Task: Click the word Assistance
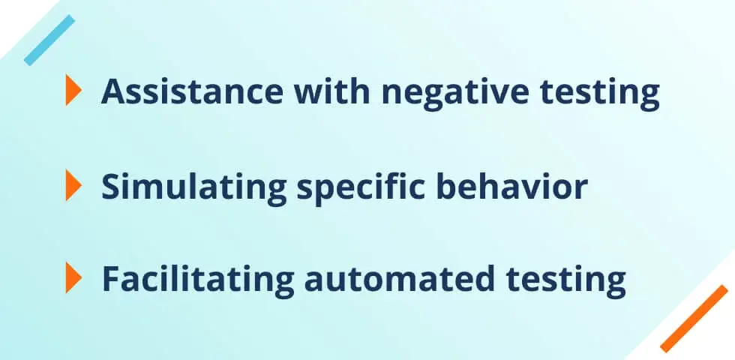coord(192,91)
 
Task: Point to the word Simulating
coord(194,187)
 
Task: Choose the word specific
coord(361,187)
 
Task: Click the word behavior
coord(511,186)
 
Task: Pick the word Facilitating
coord(198,280)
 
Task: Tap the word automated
coord(400,278)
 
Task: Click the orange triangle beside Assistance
coord(73,89)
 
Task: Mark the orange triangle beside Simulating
coord(73,185)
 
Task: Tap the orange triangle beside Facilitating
coord(73,277)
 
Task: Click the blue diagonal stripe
coord(49,40)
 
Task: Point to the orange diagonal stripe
coord(694,318)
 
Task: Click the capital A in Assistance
coord(113,91)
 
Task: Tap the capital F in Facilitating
coord(111,279)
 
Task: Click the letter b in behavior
coord(445,186)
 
